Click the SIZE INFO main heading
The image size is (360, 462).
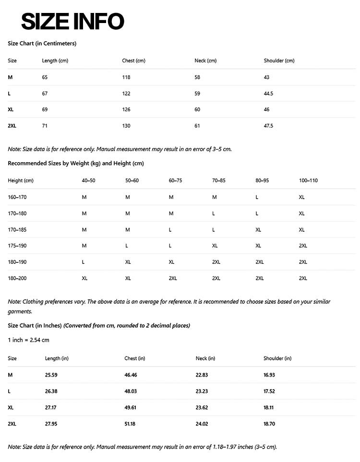tap(72, 22)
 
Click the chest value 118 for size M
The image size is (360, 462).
tap(126, 77)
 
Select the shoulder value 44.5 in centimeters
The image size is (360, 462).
tap(268, 94)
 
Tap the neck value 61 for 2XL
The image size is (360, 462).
tap(197, 126)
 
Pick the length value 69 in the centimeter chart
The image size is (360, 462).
tap(45, 109)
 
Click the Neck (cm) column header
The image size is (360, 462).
tap(205, 61)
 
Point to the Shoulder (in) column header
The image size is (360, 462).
tap(277, 358)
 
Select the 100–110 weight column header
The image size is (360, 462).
tap(308, 181)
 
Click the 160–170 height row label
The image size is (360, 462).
tap(17, 197)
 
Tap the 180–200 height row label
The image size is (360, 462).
tap(17, 278)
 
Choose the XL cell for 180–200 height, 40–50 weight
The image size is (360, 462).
tap(84, 278)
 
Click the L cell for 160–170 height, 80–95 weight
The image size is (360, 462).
tap(257, 197)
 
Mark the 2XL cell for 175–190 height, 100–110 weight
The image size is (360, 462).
tap(303, 246)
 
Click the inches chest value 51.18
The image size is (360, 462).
tap(131, 424)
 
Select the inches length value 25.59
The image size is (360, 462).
tap(51, 375)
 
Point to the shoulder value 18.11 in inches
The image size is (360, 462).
tap(269, 407)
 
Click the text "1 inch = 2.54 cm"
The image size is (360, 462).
tap(28, 340)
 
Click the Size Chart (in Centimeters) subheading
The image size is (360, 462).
tap(42, 44)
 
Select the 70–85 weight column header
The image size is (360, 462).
tap(219, 181)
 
